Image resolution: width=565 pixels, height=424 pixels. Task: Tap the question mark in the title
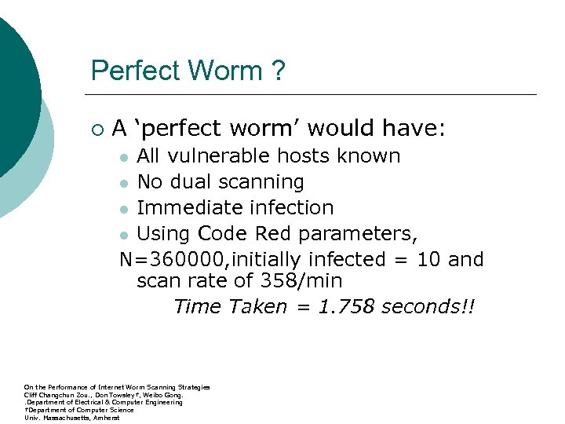[279, 71]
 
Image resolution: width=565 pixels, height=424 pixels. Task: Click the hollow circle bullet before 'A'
[96, 126]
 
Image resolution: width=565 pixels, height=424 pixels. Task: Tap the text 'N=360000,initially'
[212, 260]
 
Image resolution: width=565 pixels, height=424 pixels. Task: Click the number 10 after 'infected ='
[421, 259]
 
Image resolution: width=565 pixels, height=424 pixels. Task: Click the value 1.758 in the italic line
[345, 306]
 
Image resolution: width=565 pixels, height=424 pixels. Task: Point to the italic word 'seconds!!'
[428, 306]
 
